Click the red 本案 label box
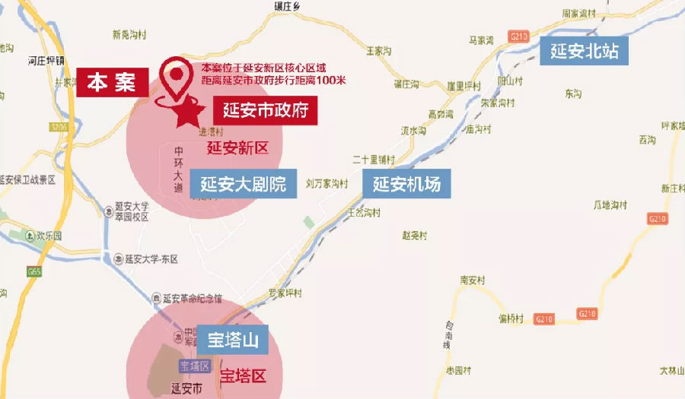(110, 82)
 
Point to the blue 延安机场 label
(406, 183)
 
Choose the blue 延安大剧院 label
(243, 183)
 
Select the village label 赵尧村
(415, 235)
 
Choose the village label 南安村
(473, 280)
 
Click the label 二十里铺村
(374, 160)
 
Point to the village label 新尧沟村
(127, 34)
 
